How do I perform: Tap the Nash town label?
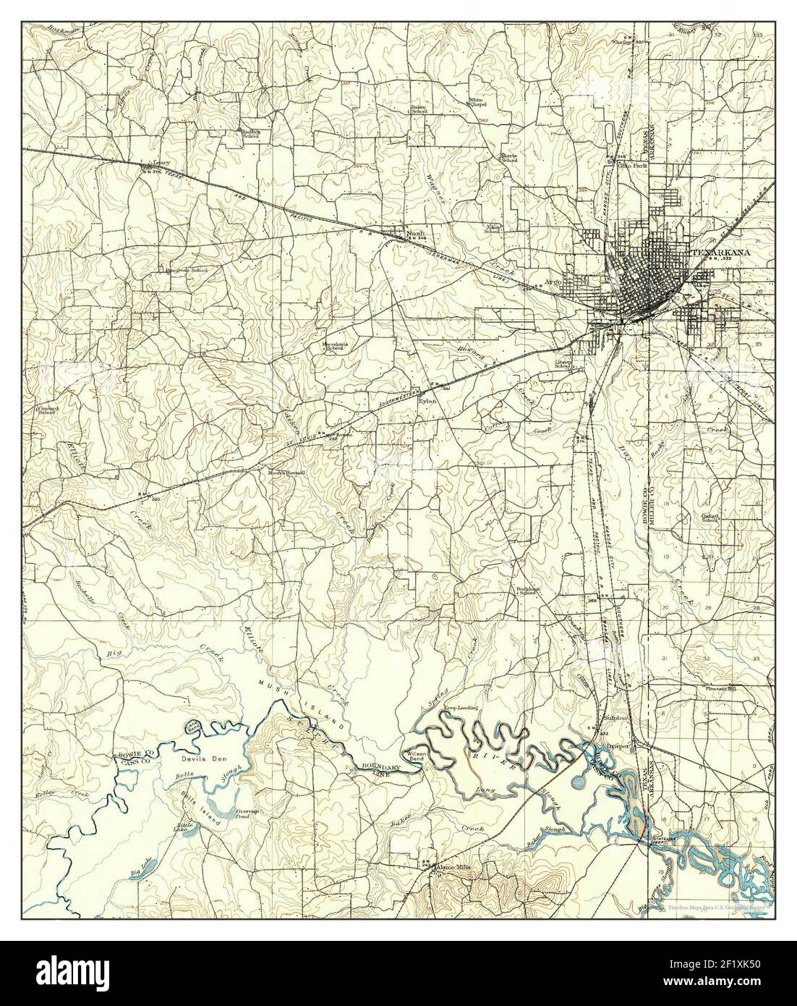(414, 233)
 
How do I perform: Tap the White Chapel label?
(477, 102)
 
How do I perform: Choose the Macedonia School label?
(335, 346)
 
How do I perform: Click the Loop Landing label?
(459, 706)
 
